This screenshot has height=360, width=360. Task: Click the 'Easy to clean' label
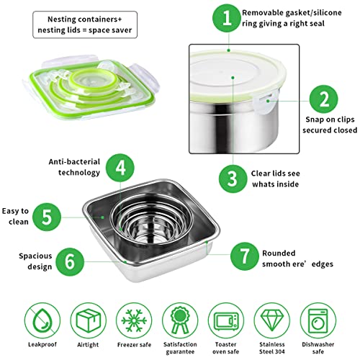coord(14,217)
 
